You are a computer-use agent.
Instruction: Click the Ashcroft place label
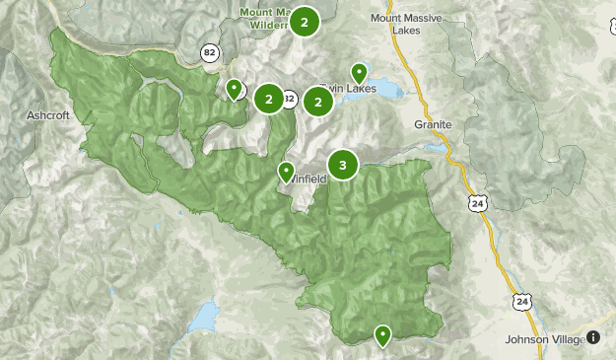48,115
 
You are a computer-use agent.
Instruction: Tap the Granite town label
433,125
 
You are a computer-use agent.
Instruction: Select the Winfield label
308,179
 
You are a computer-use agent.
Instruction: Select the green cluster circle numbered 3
342,166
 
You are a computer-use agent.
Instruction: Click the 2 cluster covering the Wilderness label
306,22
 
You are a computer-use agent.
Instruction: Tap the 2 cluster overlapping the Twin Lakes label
317,101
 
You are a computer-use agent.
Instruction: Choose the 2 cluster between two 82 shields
268,99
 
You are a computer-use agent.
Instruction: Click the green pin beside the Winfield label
286,173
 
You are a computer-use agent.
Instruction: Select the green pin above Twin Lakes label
360,73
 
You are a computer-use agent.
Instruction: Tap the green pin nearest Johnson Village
382,335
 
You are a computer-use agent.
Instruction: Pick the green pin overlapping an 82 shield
234,90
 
